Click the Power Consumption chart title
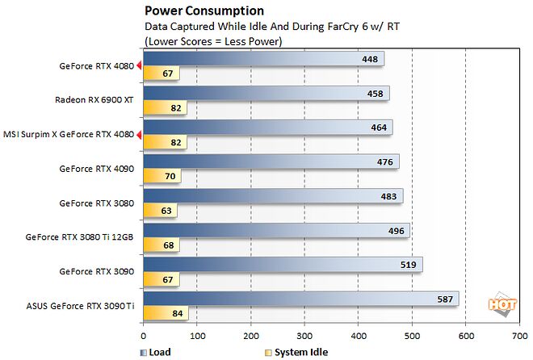(204, 10)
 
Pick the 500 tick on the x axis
(412, 337)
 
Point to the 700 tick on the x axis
(519, 337)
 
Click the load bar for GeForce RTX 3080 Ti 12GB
(275, 230)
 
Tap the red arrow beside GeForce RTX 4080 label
(140, 66)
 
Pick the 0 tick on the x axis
(143, 337)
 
